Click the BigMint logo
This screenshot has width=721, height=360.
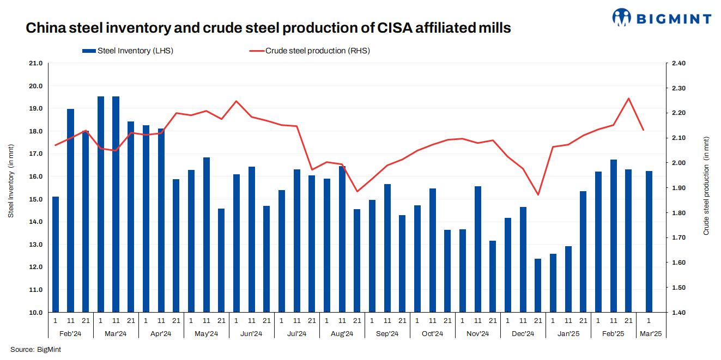click(x=662, y=17)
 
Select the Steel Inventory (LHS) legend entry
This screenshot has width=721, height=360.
click(x=128, y=51)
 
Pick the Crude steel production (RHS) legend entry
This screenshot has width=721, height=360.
click(x=310, y=51)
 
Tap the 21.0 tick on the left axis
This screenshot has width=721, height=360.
click(x=35, y=63)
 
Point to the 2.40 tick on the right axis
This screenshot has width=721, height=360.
click(x=679, y=63)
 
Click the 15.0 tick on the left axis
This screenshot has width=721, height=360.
click(x=35, y=199)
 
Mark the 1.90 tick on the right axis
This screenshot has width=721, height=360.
click(x=679, y=188)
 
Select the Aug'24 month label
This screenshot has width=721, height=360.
click(x=342, y=333)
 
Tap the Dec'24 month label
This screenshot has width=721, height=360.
click(x=523, y=333)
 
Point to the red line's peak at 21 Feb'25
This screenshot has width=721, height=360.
click(x=628, y=99)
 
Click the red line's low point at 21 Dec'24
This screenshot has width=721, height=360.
click(x=538, y=194)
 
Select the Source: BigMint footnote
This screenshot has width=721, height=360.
click(x=35, y=349)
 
